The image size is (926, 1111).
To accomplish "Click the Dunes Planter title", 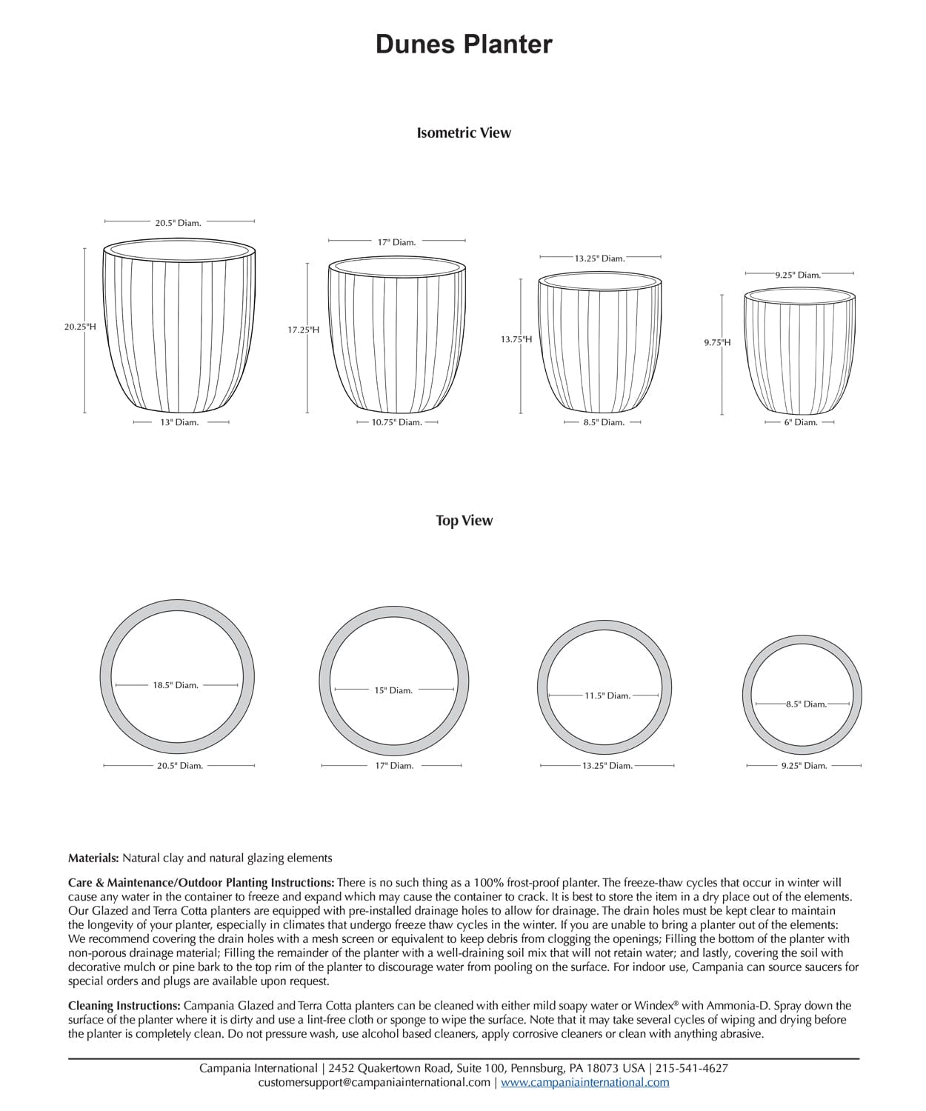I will tap(464, 44).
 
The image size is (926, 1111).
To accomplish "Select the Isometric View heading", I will tap(464, 133).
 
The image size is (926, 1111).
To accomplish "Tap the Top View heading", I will tap(464, 521).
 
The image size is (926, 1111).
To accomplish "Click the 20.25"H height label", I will tap(80, 327).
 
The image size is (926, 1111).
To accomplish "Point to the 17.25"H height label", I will tap(304, 330).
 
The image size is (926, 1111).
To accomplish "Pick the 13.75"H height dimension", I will tap(516, 339).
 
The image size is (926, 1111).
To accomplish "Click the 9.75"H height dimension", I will tap(717, 342).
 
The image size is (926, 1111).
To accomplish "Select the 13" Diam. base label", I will tap(179, 423).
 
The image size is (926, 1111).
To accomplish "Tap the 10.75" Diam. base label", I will tap(397, 423).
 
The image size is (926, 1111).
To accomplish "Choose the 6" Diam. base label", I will tap(801, 423).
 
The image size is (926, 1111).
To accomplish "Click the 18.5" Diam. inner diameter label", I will tap(176, 685).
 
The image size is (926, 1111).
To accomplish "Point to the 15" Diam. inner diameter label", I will tap(393, 690).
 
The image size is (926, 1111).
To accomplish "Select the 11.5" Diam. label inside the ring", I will tap(607, 695).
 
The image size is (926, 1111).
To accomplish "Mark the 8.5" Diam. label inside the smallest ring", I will tap(806, 704).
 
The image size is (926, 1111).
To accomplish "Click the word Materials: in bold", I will tap(93, 858).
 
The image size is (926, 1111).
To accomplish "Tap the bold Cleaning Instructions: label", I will tap(124, 1006).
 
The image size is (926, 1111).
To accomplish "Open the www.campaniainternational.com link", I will tap(584, 1083).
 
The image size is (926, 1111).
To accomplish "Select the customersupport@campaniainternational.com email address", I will tap(374, 1083).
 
